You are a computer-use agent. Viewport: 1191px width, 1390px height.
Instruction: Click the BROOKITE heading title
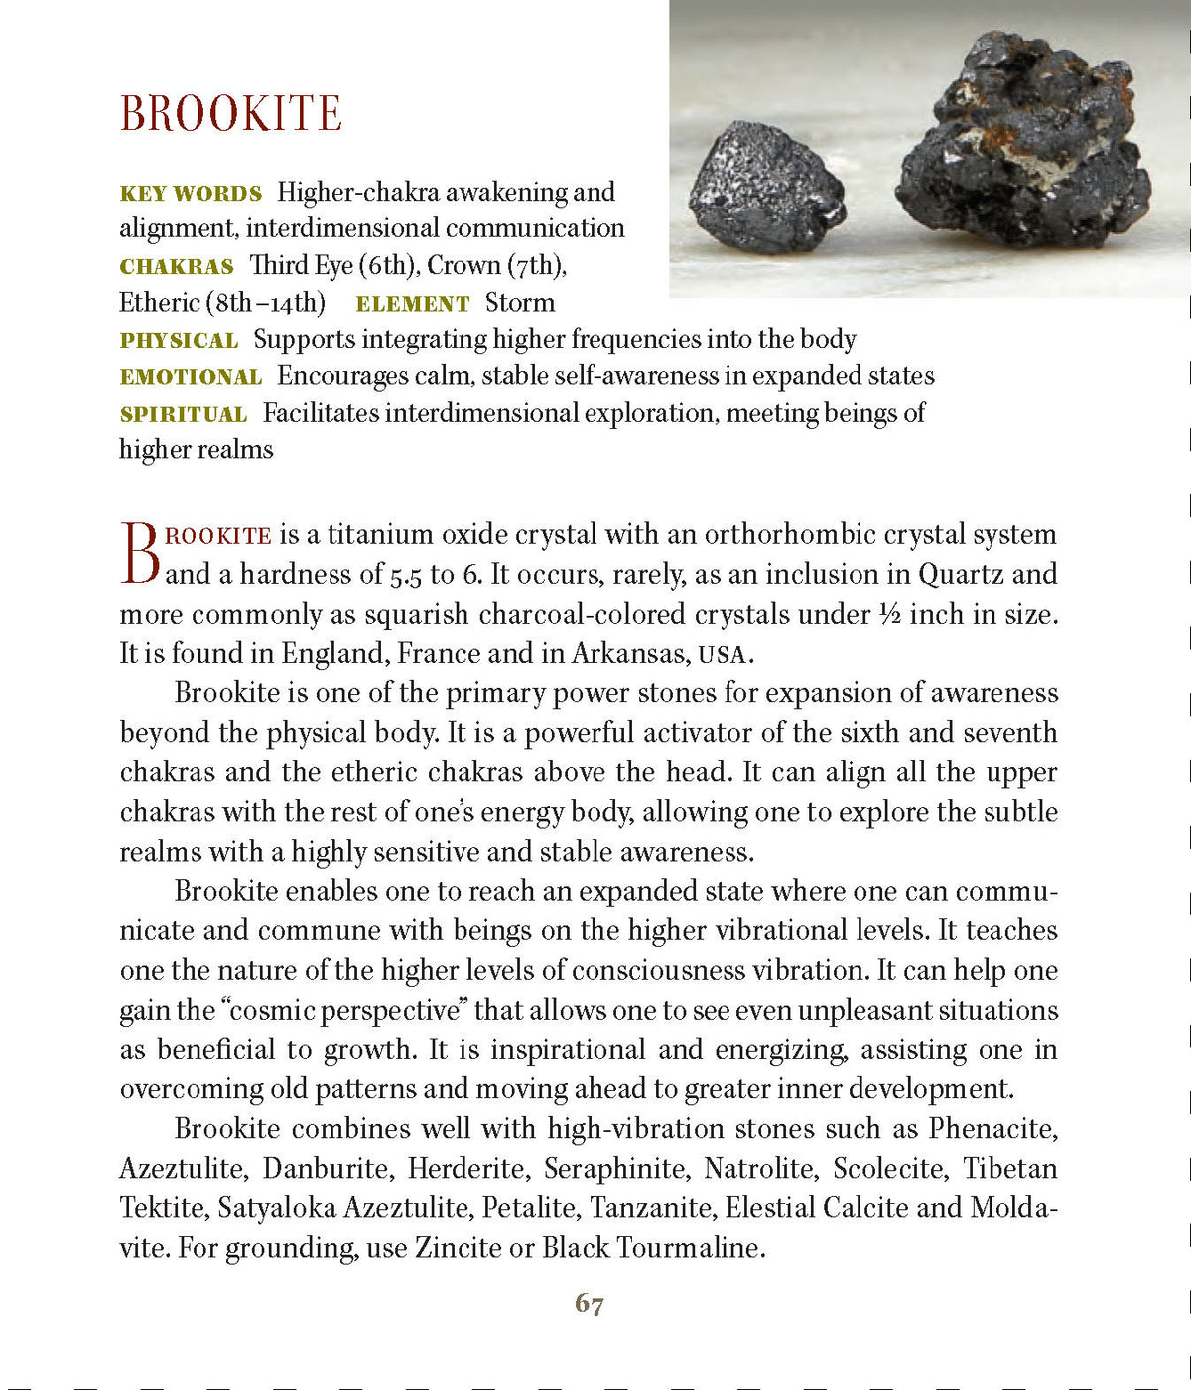coord(230,113)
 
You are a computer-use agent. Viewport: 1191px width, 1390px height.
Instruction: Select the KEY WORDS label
coord(191,193)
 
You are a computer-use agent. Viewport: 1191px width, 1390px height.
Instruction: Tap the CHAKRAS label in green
coord(177,266)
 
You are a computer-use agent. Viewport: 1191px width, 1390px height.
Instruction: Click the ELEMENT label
coord(412,304)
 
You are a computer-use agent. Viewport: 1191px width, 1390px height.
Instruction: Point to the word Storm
coord(519,303)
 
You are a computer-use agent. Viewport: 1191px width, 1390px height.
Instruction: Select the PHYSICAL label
coord(179,341)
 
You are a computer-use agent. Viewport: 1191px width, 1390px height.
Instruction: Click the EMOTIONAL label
coord(191,377)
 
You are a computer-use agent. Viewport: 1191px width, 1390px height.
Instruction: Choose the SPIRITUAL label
coord(183,414)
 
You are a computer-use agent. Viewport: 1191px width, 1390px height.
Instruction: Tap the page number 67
coord(589,1304)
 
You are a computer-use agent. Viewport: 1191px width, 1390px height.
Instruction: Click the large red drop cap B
coord(139,554)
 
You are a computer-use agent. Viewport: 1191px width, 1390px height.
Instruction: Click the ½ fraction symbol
coord(889,614)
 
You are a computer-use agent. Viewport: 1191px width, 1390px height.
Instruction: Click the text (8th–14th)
coord(265,303)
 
